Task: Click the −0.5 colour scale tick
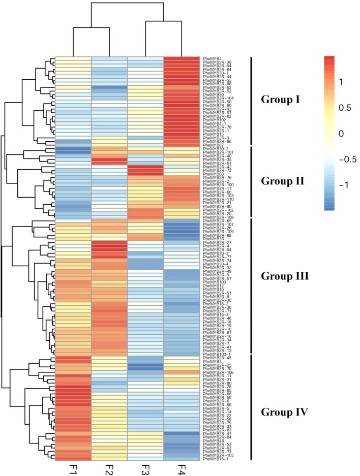[350, 159]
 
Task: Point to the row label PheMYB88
[211, 174]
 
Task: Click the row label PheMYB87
[211, 145]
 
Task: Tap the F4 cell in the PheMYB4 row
[182, 59]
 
